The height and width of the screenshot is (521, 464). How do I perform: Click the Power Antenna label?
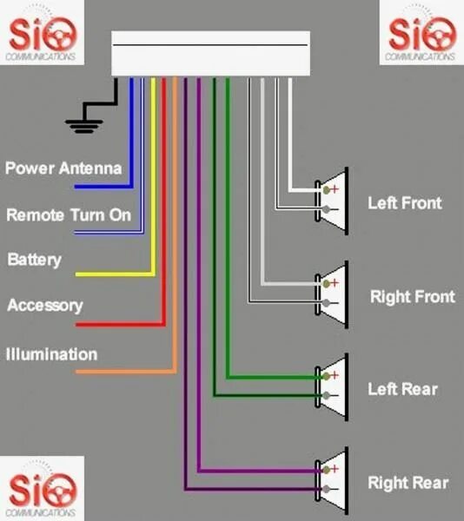coord(63,168)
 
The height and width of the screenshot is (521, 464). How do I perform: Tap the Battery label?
coord(35,260)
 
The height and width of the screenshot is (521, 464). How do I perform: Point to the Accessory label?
coord(45,306)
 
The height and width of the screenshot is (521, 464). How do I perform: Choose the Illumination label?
coord(52,354)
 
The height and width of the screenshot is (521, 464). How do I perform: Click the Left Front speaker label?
coord(404,203)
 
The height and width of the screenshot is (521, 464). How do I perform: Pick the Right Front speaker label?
coord(412,297)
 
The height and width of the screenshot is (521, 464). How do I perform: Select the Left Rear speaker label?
coord(402,388)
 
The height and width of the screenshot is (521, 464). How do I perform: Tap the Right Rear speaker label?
coord(408,483)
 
